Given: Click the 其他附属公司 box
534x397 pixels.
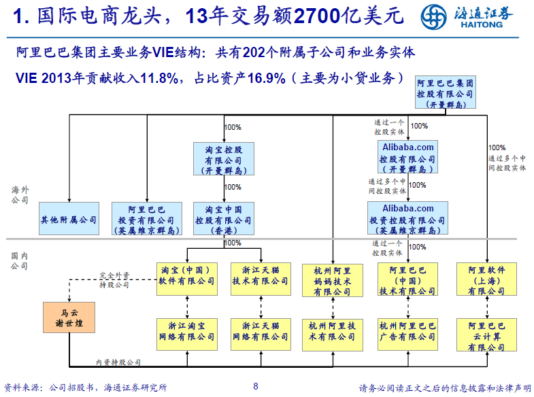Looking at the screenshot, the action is tap(69, 220).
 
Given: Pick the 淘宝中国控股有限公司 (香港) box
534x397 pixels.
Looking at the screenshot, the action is tap(223, 220).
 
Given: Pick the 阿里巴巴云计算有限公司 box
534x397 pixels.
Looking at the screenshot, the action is tap(486, 336).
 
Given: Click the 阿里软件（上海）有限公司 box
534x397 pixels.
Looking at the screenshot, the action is tap(486, 279).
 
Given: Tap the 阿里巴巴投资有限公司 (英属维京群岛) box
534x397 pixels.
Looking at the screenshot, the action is tap(146, 220).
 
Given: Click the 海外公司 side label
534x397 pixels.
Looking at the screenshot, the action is tap(20, 195).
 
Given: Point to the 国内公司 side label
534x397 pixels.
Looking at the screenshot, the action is tap(20, 261).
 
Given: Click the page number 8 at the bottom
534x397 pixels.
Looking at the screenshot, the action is tap(256, 387).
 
